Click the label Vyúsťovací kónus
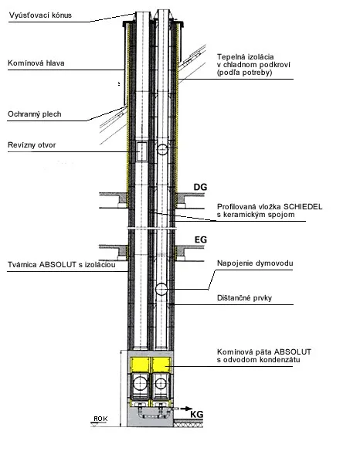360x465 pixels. (x=40, y=15)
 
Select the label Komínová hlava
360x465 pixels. (x=36, y=63)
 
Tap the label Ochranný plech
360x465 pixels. (x=35, y=114)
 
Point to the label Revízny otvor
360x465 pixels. (x=32, y=145)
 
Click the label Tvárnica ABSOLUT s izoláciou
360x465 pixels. (x=61, y=264)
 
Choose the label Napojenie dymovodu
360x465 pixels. (x=255, y=263)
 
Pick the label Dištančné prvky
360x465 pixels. (x=244, y=298)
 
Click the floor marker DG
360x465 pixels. (x=200, y=187)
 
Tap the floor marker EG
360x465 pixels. (x=200, y=239)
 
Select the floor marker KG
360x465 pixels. (x=196, y=414)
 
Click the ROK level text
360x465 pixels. (x=100, y=419)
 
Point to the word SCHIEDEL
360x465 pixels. (x=303, y=207)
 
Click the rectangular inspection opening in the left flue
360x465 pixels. (x=141, y=151)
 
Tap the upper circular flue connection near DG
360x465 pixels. (x=162, y=149)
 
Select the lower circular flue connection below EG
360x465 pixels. (x=161, y=289)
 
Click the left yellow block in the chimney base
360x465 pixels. (x=141, y=365)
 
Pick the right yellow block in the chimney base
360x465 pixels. (x=162, y=365)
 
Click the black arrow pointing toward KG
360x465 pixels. (x=186, y=409)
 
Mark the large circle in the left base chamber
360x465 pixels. (x=141, y=383)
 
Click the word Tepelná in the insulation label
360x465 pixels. (x=230, y=57)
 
